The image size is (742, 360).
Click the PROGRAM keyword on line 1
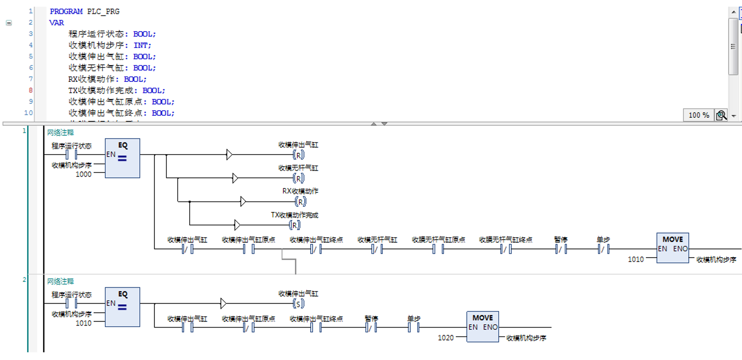pos(66,11)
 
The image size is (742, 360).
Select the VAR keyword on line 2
pos(57,23)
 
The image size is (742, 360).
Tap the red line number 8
pos(30,90)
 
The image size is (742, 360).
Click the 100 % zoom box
pos(699,115)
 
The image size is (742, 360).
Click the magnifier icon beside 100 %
pos(721,115)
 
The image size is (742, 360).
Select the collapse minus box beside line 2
pos(9,23)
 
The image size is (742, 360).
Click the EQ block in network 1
pos(122,158)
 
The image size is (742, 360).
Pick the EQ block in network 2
pos(122,307)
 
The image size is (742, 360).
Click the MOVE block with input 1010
pos(673,248)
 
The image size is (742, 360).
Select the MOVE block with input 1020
pos(483,327)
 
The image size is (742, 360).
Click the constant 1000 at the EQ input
pos(83,174)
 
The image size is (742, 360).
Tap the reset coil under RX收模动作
pos(301,202)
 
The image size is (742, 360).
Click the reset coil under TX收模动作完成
pos(294,225)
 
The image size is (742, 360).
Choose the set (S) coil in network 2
pos(298,303)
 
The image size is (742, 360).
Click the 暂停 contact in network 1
pos(561,249)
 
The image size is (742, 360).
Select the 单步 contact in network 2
pos(414,328)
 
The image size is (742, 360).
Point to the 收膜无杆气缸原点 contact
pos(438,249)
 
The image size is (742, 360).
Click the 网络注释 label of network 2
pos(60,281)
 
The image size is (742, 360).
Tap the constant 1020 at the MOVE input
pos(446,338)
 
